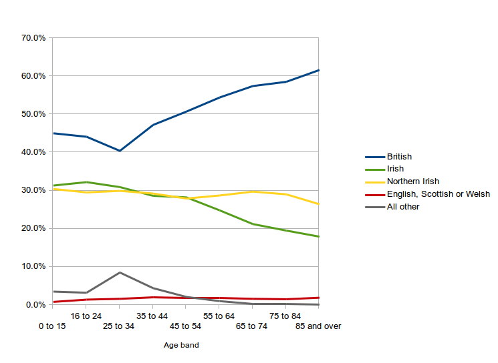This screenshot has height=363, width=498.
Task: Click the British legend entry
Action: tap(399, 157)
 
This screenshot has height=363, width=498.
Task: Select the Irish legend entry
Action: tap(395, 169)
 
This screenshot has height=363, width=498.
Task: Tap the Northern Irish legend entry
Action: tap(412, 181)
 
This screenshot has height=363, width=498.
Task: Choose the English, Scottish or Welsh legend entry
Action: tap(438, 194)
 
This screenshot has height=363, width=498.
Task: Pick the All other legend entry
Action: tap(402, 207)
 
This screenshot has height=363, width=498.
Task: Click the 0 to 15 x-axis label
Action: tap(52, 326)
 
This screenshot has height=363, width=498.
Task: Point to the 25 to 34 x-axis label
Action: tap(119, 326)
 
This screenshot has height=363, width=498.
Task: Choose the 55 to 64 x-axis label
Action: tap(219, 316)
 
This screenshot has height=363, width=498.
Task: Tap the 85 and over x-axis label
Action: tap(318, 326)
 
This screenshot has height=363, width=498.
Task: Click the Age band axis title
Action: tap(181, 346)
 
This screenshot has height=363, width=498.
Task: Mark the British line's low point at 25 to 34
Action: tap(120, 151)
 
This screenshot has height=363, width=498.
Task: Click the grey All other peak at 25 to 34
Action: tap(120, 272)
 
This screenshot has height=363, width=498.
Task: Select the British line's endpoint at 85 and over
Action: tap(318, 70)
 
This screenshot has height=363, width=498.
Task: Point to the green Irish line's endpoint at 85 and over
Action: tap(318, 237)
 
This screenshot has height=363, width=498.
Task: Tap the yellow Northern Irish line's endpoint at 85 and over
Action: tap(318, 204)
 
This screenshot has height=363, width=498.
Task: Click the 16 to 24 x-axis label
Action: tap(86, 316)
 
